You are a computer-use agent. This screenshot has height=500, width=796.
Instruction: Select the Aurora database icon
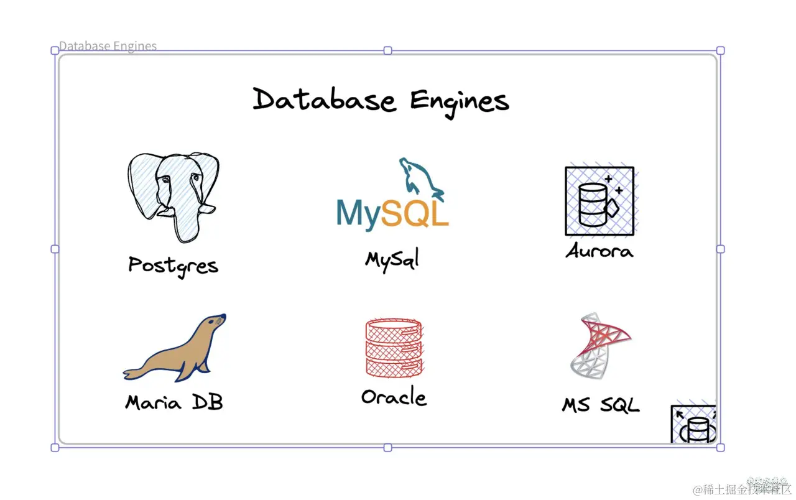[x=599, y=201]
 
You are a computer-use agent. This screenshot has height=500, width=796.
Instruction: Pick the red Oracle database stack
[x=394, y=348]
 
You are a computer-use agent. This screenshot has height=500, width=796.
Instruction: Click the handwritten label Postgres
[x=174, y=266]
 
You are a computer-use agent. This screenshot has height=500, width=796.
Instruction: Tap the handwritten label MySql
[x=392, y=258]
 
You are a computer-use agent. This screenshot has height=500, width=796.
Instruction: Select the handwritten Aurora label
[x=599, y=251]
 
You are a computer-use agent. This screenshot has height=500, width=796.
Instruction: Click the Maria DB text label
[x=174, y=402]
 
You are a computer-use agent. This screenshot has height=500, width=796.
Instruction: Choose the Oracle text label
[x=394, y=397]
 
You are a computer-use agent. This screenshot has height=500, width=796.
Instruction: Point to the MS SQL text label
[x=601, y=405]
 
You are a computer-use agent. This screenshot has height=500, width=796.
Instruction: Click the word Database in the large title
[x=324, y=100]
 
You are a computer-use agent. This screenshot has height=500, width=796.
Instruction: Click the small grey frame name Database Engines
[x=108, y=46]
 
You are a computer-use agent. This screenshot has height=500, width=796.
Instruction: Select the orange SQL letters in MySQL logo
[x=415, y=213]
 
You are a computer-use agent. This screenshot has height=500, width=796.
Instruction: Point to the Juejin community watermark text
[x=743, y=489]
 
